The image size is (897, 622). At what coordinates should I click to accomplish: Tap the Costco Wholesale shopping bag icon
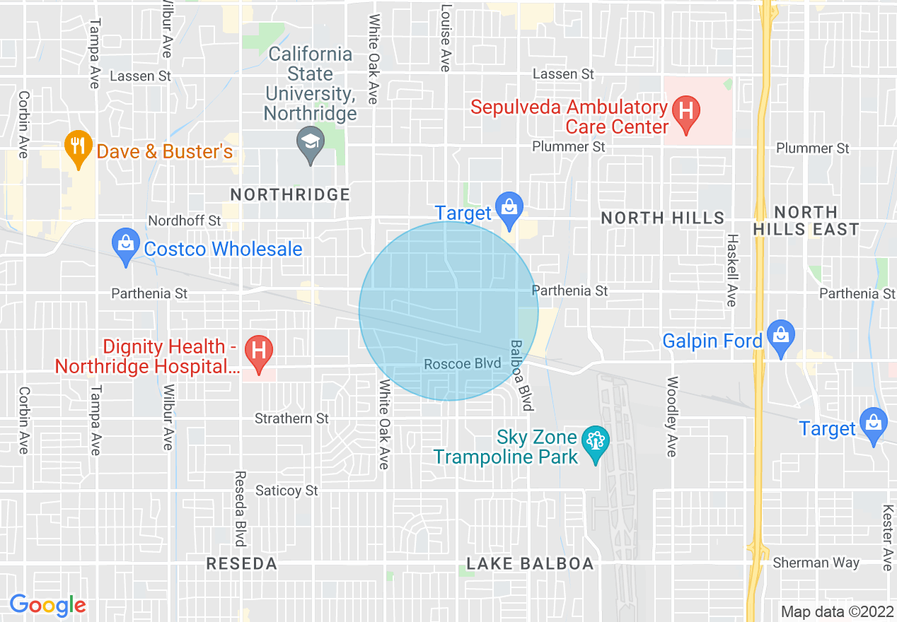(125, 245)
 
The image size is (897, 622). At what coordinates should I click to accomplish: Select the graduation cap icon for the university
(311, 143)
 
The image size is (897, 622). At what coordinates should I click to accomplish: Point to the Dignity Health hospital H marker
(259, 352)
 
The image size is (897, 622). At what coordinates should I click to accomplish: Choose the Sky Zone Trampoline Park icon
(595, 443)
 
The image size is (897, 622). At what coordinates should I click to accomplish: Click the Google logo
(47, 605)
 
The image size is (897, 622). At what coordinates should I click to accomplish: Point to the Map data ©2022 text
(837, 611)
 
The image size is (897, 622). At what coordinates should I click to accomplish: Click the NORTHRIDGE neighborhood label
(291, 194)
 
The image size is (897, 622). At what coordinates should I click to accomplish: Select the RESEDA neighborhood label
(241, 564)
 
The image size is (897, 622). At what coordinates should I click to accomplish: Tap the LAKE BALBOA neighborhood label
(530, 564)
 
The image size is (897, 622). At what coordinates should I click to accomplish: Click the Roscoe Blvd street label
(463, 364)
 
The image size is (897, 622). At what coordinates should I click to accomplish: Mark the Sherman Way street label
(816, 563)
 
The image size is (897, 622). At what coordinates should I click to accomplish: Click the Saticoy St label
(287, 491)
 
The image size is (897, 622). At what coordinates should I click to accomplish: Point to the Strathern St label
(291, 418)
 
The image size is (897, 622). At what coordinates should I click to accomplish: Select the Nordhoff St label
(185, 221)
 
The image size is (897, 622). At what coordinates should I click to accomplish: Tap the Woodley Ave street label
(672, 416)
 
